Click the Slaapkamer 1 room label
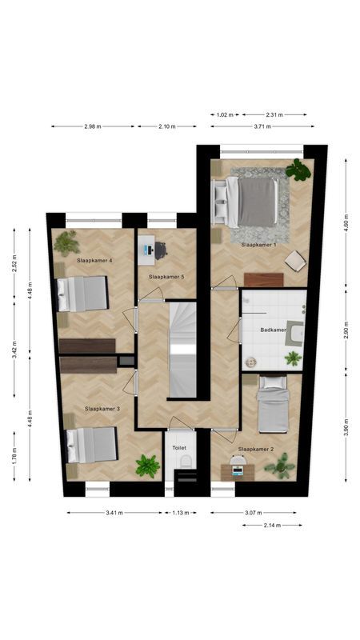coord(258,245)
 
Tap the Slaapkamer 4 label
coord(94,261)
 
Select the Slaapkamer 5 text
coord(166,277)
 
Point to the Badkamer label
coord(274,330)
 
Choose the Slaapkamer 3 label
coord(102,409)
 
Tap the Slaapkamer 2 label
coord(256,450)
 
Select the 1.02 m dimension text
coord(225,115)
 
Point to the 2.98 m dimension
coord(94,126)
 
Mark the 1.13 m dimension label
coord(179,513)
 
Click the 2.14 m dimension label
coord(273,525)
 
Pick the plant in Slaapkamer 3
coord(147,465)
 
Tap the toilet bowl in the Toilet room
coord(183,462)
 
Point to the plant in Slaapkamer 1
coord(298,170)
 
